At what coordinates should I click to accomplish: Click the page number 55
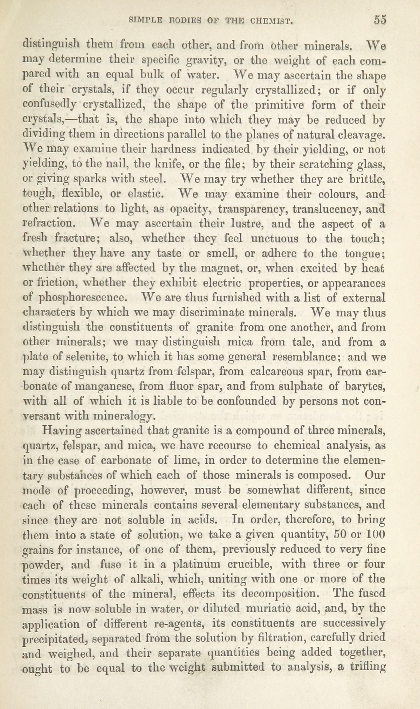[380, 20]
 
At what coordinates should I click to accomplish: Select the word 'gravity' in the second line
[205, 61]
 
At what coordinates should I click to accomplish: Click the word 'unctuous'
[275, 238]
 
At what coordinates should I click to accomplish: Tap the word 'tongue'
[363, 254]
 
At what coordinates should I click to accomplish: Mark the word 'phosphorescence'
[82, 298]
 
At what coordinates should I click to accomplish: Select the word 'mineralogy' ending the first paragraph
[125, 416]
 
